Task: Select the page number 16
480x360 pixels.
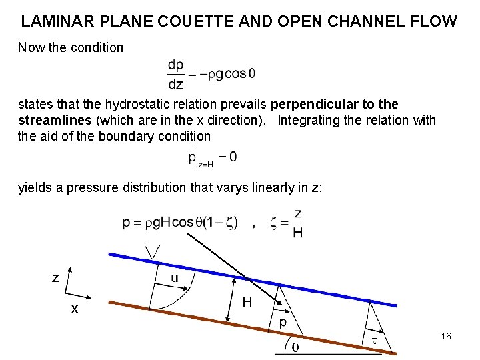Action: [446, 336]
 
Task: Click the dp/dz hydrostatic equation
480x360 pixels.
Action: [211, 74]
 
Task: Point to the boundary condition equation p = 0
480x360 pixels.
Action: [213, 159]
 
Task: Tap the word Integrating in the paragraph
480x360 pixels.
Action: [309, 121]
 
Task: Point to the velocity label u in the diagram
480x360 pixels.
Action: [174, 279]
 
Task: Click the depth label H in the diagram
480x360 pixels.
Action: [247, 303]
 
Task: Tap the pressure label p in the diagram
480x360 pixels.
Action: [283, 321]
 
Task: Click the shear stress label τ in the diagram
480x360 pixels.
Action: [374, 341]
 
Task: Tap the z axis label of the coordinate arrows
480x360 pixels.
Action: [56, 278]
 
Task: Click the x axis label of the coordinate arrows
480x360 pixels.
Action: [75, 309]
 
